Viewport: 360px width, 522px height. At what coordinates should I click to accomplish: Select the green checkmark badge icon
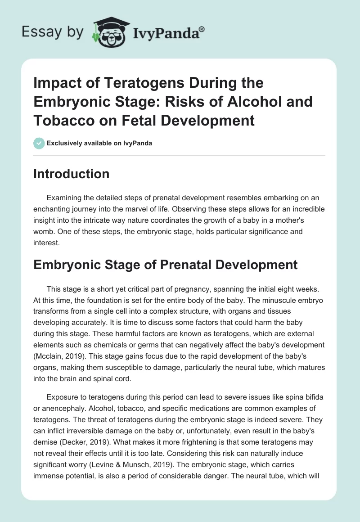[39, 143]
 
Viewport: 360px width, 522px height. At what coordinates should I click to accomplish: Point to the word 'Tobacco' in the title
[61, 121]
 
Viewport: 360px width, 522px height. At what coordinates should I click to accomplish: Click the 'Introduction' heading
[71, 174]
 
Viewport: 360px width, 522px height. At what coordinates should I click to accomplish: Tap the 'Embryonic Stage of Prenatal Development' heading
[165, 265]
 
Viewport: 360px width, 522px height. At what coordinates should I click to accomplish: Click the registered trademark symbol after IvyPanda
[202, 29]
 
